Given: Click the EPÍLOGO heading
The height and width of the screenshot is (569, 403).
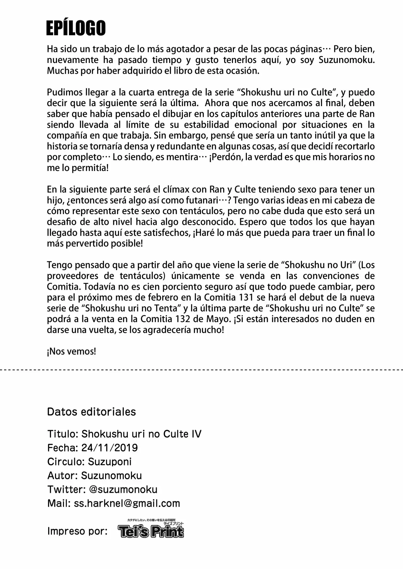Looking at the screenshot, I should (x=76, y=29).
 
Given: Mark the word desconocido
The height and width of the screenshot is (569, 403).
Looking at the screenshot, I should (x=209, y=222).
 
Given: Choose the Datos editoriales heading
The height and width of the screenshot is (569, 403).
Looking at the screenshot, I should (x=91, y=412).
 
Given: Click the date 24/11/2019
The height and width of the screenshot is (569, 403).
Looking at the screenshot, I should (x=109, y=448).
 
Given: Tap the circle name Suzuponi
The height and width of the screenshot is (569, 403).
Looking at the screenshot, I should (x=110, y=462).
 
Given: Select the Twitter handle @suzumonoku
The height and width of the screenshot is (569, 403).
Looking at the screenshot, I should (x=123, y=489).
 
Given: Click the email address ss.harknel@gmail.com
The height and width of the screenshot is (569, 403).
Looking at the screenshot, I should (x=127, y=503).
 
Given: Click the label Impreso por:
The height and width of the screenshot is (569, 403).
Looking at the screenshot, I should (x=77, y=531).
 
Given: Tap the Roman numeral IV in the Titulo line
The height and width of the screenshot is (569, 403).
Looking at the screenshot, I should (x=196, y=434).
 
